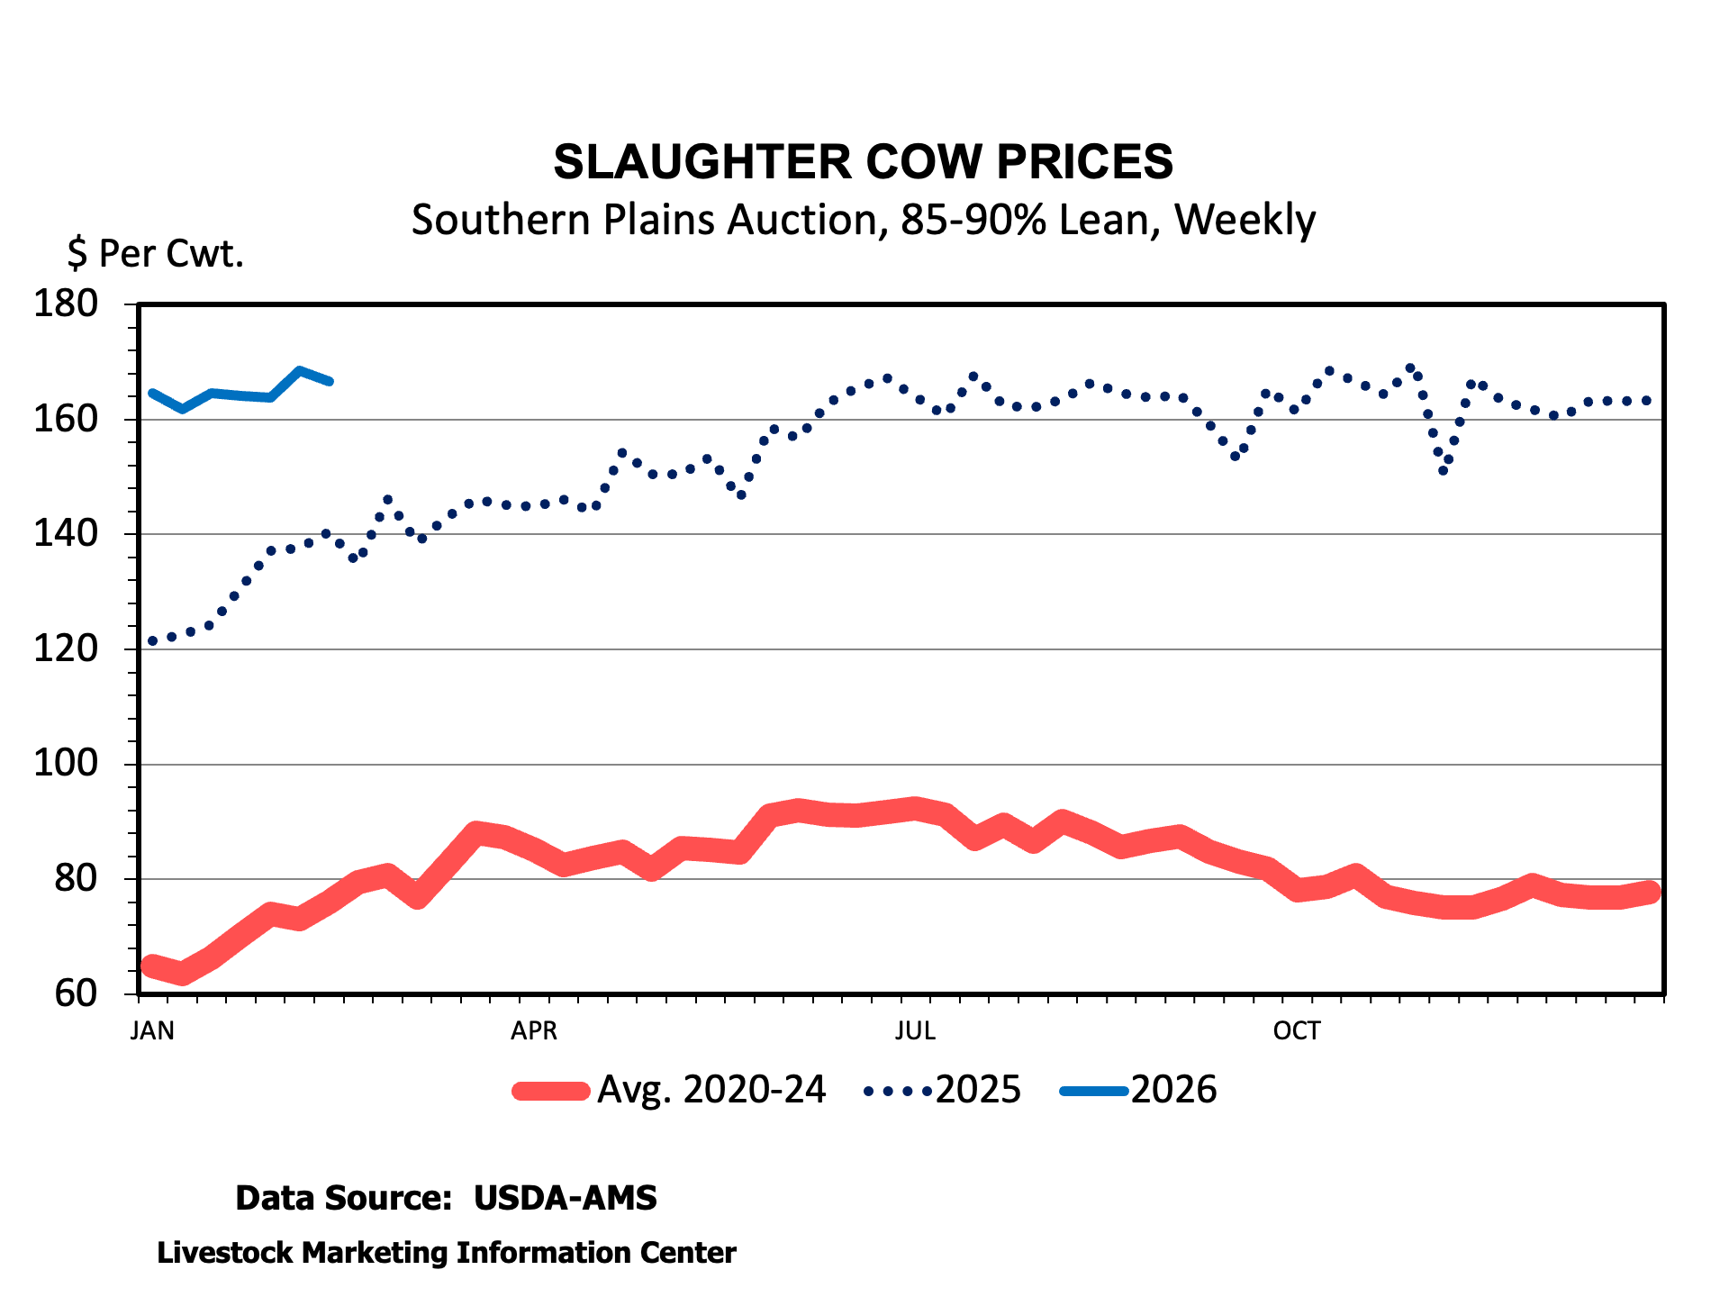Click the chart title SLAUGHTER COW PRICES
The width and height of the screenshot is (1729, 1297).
point(863,162)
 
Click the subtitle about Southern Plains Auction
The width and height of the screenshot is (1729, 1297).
point(863,221)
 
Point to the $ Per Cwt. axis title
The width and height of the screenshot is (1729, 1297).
point(155,254)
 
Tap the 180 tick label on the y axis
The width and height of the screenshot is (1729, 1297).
point(65,304)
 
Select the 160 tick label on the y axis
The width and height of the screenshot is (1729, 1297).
point(65,420)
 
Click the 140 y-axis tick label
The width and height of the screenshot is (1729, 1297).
point(65,534)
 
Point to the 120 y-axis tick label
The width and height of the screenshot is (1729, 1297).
point(65,649)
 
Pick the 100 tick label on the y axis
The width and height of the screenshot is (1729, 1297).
point(65,764)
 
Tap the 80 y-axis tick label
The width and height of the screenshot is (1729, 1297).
point(76,879)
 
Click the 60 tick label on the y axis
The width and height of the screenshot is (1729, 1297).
point(76,993)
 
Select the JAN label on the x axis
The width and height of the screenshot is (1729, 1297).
point(152,1030)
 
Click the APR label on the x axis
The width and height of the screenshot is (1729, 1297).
point(534,1030)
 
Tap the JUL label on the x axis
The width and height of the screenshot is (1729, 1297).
point(915,1030)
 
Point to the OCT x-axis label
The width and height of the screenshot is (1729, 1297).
point(1297,1030)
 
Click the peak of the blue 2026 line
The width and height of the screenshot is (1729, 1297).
point(300,370)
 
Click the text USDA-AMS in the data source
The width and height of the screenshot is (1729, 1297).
point(566,1198)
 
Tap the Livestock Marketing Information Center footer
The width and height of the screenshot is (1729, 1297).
point(447,1253)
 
